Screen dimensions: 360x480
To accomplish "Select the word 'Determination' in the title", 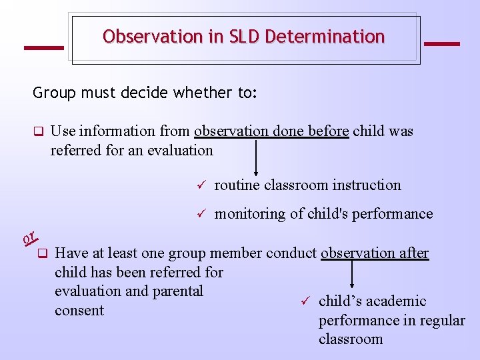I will pos(325,37).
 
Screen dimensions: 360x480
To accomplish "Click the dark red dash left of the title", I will pos(43,47).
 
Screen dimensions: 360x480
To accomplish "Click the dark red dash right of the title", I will pos(441,44).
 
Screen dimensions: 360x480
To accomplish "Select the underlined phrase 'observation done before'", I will pos(271,131).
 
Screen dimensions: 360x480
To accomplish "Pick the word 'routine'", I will pos(237,185).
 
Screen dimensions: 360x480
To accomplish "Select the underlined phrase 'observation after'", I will pos(375,253).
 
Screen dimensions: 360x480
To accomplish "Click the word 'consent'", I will pos(79,311).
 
